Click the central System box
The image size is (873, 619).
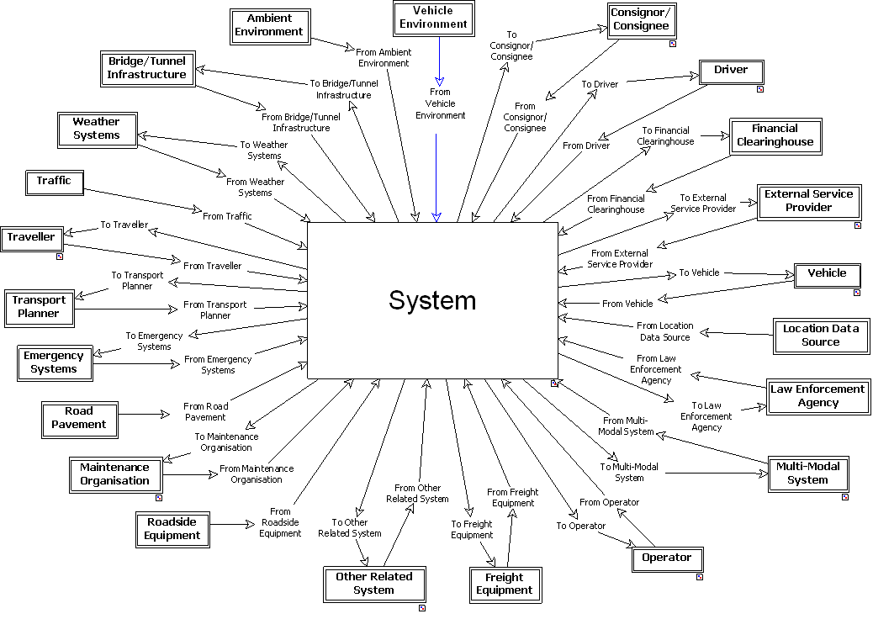[432, 300]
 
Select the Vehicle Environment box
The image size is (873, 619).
[433, 18]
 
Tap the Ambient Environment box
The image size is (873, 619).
[269, 25]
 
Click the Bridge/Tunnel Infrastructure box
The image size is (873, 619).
[146, 68]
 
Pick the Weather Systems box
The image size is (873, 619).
[97, 129]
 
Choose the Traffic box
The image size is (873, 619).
[54, 181]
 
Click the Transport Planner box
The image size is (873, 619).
[39, 307]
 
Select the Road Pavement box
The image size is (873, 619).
[79, 418]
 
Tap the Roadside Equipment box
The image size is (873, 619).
[172, 529]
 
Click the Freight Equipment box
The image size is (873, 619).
[504, 584]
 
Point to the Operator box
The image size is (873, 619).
[666, 558]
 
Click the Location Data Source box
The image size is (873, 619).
[820, 336]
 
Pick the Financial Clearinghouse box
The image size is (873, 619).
[775, 135]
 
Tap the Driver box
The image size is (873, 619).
[730, 70]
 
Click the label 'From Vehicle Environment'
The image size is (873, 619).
[440, 103]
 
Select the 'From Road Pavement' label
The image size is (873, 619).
[205, 411]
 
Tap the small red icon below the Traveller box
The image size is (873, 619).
[60, 257]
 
